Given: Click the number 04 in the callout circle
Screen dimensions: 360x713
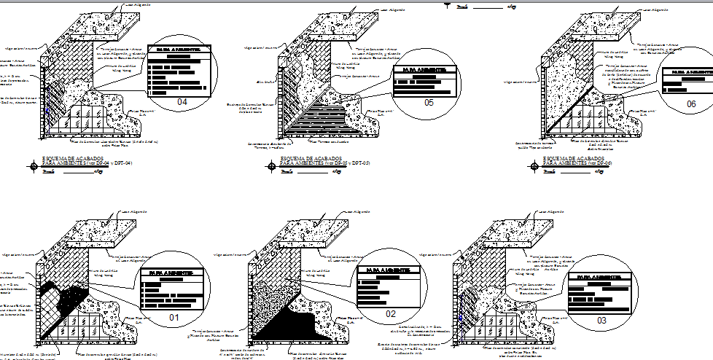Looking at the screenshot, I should tap(182, 103).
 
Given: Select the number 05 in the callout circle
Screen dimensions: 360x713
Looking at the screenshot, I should tap(428, 103).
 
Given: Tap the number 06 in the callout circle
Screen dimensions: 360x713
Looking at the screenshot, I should tap(691, 104).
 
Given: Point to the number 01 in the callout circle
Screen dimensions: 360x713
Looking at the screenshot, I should tap(174, 317).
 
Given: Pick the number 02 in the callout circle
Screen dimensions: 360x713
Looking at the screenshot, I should tap(390, 313).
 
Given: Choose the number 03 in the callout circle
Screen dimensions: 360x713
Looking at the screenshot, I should tap(601, 319).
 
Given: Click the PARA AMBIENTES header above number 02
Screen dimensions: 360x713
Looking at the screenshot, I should tap(387, 270).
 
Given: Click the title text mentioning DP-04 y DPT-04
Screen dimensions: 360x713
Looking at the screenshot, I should tap(87, 162).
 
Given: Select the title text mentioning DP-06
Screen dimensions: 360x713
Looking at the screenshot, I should tap(575, 162).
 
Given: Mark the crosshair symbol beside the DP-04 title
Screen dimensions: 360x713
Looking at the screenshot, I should tap(34, 165).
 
